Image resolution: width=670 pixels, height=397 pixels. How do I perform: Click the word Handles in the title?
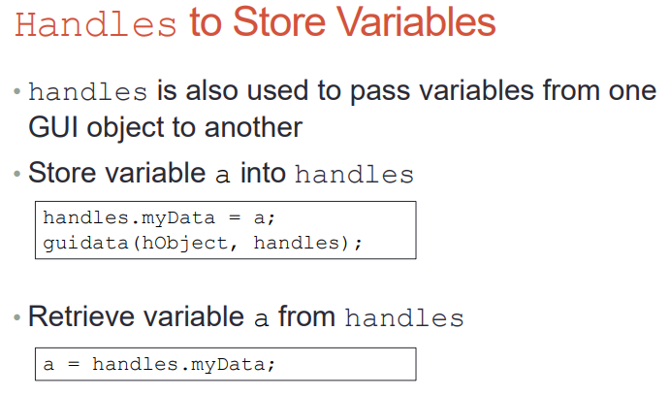[x=96, y=25]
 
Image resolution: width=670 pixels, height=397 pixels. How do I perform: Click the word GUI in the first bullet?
[x=53, y=127]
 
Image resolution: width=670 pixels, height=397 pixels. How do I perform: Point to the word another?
[x=253, y=127]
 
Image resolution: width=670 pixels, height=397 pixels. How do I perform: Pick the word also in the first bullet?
[x=211, y=90]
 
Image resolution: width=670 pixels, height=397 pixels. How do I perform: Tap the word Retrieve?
[x=81, y=316]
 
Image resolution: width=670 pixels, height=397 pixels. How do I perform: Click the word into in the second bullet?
[x=263, y=173]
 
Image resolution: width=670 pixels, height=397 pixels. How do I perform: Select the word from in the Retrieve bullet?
[x=306, y=316]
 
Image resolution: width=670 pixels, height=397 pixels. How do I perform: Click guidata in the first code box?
[x=85, y=244]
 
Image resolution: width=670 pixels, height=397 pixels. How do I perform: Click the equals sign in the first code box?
[x=235, y=217]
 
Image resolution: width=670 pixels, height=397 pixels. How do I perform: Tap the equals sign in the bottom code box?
[x=74, y=364]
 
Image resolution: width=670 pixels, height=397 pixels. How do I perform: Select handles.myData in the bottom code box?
[x=178, y=365]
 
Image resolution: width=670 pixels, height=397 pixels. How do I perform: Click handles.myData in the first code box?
[x=129, y=218]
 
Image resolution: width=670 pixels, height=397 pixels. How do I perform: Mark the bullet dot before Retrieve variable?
[x=17, y=317]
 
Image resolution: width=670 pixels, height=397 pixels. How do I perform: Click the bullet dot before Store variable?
[x=17, y=174]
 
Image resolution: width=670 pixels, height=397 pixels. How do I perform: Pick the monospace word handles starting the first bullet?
[x=88, y=91]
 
